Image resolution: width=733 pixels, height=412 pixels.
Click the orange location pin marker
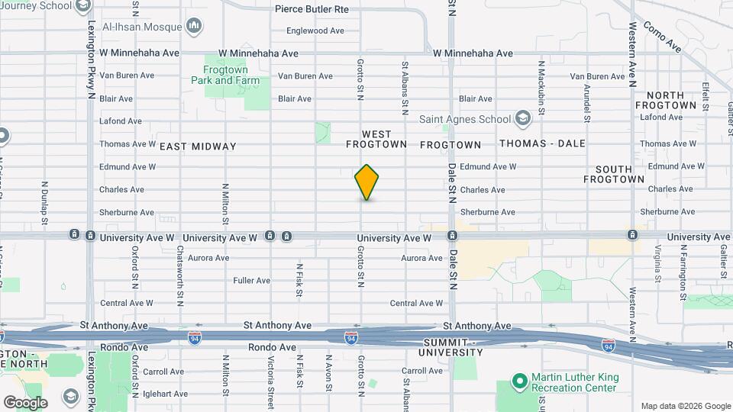point(366,182)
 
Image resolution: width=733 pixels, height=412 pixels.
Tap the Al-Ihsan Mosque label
point(142,27)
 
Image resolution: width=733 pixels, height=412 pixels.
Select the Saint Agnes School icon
point(522,118)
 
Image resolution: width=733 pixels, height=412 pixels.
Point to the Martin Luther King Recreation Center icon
point(519,380)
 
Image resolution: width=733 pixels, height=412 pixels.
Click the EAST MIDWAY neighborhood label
point(199,146)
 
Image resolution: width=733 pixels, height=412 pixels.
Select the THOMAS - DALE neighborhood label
point(542,143)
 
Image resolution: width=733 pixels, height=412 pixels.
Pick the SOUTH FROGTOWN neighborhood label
point(614,174)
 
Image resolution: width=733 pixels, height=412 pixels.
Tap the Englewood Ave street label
point(316,31)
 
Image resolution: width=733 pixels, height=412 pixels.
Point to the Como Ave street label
point(661,36)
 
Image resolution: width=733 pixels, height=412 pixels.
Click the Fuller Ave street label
point(253,281)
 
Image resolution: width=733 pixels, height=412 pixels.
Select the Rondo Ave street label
point(272,347)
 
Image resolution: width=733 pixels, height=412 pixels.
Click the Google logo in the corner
point(25,402)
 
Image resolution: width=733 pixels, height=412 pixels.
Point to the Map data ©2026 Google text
point(685,406)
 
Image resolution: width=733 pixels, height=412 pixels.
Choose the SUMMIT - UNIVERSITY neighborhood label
point(450,347)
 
